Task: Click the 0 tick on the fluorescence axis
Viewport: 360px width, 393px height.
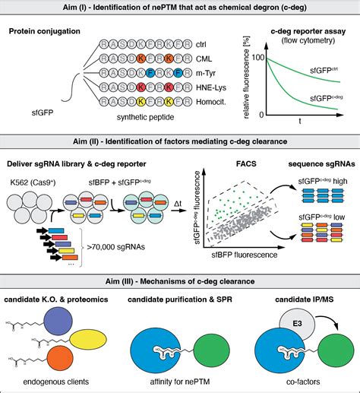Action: pos(261,114)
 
